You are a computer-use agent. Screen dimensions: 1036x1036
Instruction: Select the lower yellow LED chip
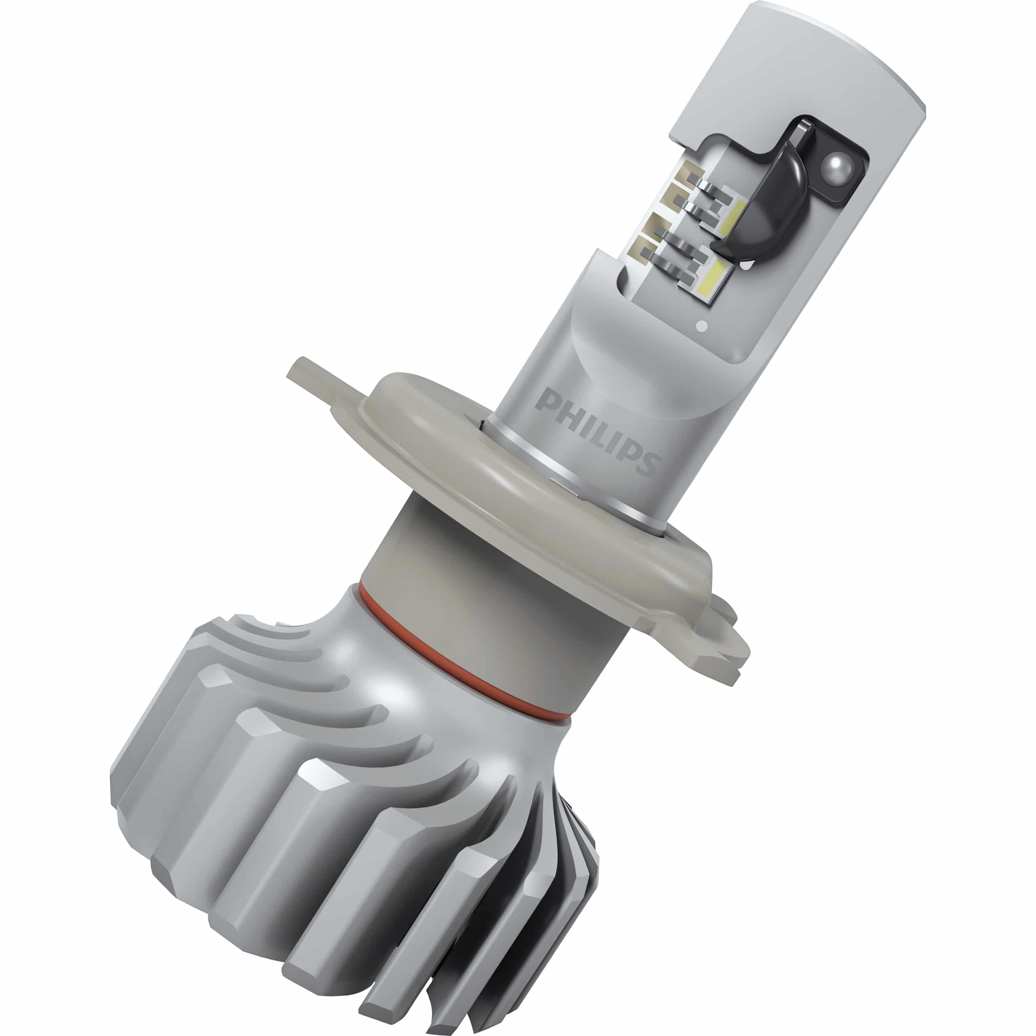(713, 279)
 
